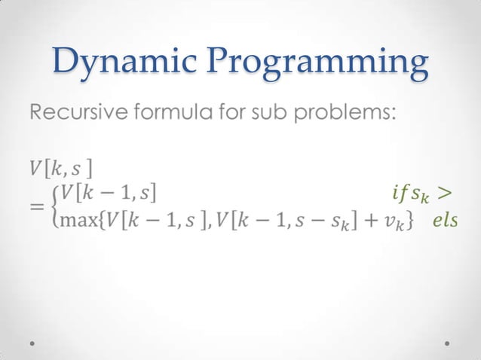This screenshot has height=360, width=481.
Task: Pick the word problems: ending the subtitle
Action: click(343, 115)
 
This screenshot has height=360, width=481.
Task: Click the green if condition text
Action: click(411, 196)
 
